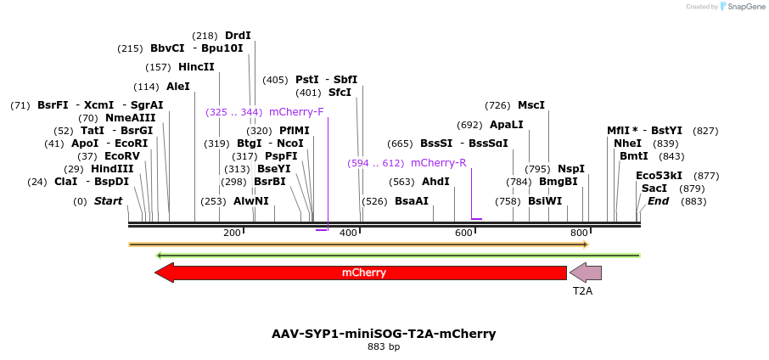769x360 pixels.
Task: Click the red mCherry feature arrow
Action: click(x=363, y=273)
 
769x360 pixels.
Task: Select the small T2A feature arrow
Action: click(x=586, y=273)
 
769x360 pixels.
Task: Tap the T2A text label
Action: click(x=582, y=291)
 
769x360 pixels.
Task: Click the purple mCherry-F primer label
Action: click(x=296, y=112)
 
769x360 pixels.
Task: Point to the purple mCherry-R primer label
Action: click(x=438, y=163)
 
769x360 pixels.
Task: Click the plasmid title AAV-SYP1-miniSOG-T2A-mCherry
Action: click(x=384, y=334)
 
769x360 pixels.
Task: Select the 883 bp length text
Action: click(x=384, y=346)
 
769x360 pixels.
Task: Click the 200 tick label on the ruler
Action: click(x=232, y=233)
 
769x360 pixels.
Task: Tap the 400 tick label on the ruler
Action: click(x=348, y=233)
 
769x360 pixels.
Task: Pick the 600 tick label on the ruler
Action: click(x=463, y=233)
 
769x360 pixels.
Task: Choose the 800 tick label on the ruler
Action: click(x=579, y=233)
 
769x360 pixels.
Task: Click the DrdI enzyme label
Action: click(x=238, y=36)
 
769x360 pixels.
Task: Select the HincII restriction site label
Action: click(x=196, y=67)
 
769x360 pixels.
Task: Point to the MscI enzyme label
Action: click(x=531, y=105)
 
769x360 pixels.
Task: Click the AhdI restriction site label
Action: click(x=435, y=182)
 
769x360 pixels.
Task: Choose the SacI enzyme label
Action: click(x=654, y=188)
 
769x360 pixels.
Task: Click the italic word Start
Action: click(x=108, y=201)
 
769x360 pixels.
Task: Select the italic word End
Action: click(x=659, y=201)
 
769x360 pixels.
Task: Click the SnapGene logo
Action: click(x=741, y=7)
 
